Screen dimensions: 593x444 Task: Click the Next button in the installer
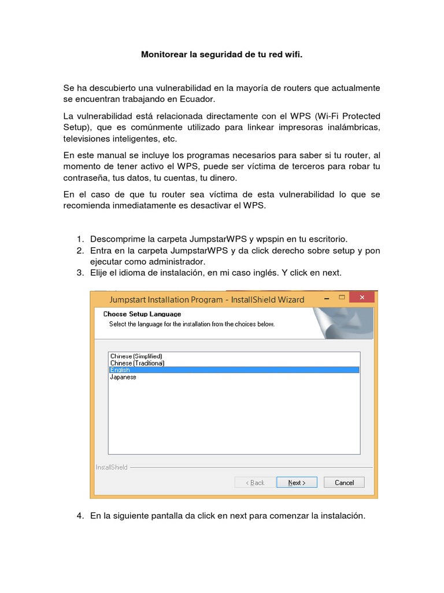(x=297, y=482)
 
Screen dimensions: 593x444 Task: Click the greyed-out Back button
(x=255, y=482)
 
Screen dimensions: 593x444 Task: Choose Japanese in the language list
(x=123, y=377)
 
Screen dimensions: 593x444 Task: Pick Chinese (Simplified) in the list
(x=136, y=356)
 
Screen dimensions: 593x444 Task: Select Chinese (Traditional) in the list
(x=137, y=363)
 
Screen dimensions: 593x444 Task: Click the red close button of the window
(x=362, y=297)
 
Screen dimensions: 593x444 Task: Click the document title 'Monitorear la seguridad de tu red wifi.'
(x=222, y=55)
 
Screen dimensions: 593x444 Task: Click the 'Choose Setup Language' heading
(x=142, y=314)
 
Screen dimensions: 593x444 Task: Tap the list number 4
(x=80, y=515)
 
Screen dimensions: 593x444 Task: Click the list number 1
(x=80, y=239)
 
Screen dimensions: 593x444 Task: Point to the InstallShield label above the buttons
(x=112, y=467)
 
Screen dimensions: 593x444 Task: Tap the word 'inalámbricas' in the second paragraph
(x=353, y=127)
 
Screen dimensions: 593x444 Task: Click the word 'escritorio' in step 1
(x=328, y=239)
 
